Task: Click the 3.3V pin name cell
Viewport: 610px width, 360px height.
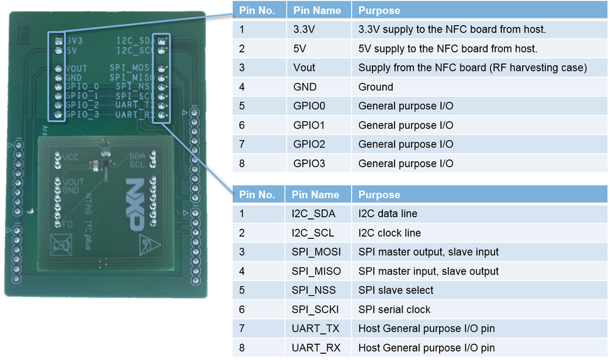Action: point(303,29)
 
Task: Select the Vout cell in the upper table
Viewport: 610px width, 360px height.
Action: point(305,68)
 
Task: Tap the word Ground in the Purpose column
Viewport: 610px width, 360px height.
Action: point(376,87)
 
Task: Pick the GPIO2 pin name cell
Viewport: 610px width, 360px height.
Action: point(310,145)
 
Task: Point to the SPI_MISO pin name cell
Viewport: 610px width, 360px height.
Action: point(316,271)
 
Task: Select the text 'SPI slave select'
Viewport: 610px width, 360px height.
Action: point(396,290)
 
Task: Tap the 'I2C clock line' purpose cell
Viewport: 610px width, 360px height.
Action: point(389,232)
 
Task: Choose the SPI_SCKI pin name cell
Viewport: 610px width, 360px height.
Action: point(316,309)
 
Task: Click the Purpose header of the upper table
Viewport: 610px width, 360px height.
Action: point(379,10)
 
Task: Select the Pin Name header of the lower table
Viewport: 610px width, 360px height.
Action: point(315,195)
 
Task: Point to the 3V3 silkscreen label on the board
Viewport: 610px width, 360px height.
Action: point(74,41)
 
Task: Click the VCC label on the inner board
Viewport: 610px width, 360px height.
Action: point(71,157)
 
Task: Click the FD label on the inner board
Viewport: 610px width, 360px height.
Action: point(68,225)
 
